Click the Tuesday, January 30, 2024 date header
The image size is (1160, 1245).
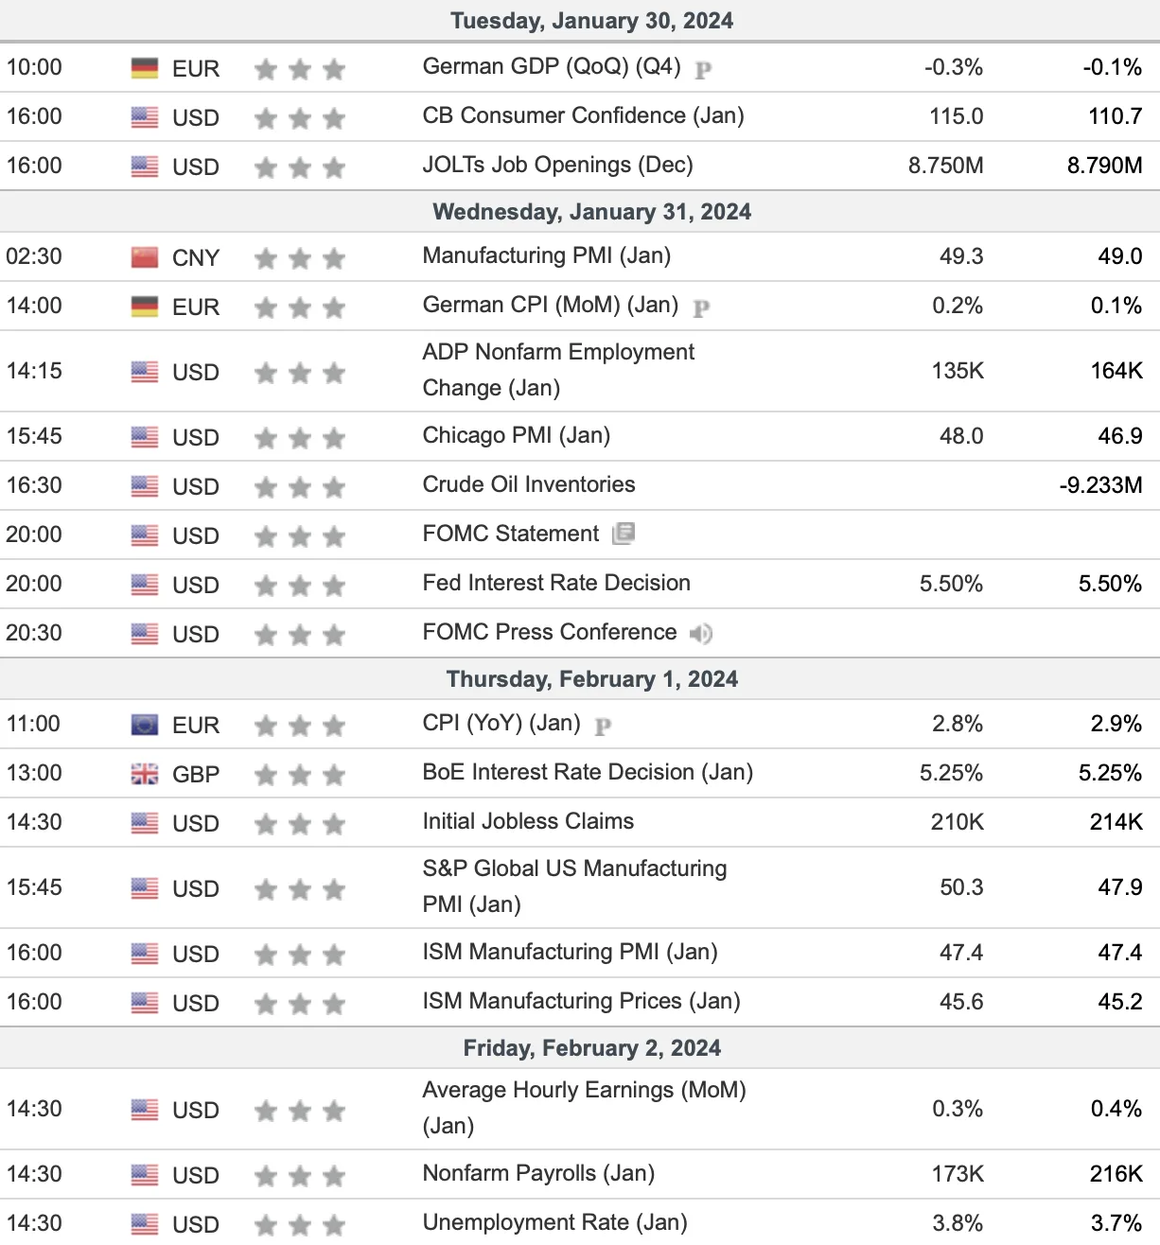coord(591,21)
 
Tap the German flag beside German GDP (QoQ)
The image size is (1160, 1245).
coord(144,68)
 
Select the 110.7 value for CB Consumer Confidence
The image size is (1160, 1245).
coord(1115,116)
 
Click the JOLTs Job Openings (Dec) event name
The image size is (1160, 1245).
coord(557,165)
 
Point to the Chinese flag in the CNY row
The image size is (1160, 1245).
coord(144,257)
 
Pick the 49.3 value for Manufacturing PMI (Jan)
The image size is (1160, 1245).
coord(961,255)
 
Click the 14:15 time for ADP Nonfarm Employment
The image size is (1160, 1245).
coord(34,371)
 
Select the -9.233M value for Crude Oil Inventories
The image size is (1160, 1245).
coord(1101,484)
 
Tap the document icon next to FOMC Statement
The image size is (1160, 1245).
coord(624,534)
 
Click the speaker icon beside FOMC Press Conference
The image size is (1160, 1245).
coord(700,633)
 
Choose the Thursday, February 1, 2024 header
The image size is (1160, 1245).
coord(592,679)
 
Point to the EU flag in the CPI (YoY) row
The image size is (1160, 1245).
coord(144,724)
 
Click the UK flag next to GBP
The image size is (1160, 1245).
coord(144,774)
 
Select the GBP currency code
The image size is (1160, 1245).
coord(196,774)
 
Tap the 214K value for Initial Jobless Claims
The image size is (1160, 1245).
coord(1116,821)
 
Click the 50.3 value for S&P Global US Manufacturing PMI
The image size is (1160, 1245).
coord(961,887)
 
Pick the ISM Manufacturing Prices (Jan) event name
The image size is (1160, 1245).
coord(581,1001)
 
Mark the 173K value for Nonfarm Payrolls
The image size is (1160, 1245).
coord(958,1173)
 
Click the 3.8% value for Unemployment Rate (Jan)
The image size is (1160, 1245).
coord(958,1222)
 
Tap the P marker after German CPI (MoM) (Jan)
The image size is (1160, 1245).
coord(701,307)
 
